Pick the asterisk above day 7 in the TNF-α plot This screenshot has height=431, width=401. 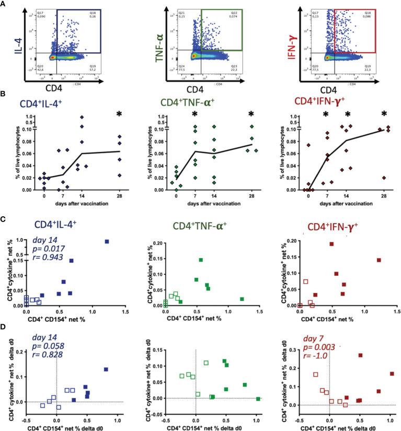(x=194, y=114)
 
